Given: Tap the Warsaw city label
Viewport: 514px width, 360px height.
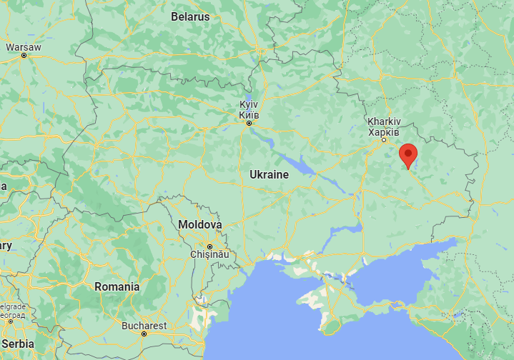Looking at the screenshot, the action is tap(24, 47).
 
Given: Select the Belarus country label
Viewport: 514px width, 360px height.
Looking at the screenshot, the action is tap(190, 16).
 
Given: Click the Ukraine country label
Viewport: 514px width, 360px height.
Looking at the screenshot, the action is tap(269, 174).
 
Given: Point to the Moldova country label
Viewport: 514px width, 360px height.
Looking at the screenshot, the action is tap(199, 224).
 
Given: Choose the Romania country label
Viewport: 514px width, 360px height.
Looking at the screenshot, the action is tap(117, 286).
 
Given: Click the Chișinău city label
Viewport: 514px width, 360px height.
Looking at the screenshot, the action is tap(209, 254).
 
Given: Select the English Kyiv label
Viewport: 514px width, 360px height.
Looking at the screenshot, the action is tap(249, 105).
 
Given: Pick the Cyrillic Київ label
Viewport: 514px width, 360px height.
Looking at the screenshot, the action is tap(249, 114).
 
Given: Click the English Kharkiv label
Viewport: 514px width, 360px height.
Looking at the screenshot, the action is tap(383, 121).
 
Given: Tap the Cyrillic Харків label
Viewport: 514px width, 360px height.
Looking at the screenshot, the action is tap(383, 131).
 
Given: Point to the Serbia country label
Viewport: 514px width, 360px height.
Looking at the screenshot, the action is tap(17, 344).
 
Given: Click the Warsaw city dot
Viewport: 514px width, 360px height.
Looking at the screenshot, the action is tap(24, 55).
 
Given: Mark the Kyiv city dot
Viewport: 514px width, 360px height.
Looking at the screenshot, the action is tap(249, 123).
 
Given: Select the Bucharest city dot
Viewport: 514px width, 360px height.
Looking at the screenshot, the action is tap(144, 334).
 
